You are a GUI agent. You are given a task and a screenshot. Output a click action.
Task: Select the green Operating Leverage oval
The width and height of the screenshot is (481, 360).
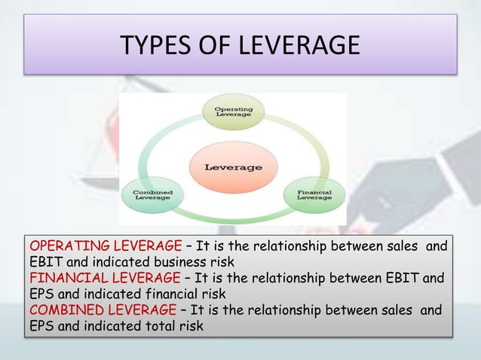pyautogui.click(x=234, y=113)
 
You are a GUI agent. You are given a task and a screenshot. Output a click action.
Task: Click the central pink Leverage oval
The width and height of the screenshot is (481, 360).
pyautogui.click(x=234, y=166)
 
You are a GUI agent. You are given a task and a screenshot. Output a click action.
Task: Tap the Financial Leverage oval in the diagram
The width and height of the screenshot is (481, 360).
pyautogui.click(x=314, y=194)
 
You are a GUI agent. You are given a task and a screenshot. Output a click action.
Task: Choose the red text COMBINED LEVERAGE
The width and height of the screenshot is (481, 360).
pyautogui.click(x=97, y=310)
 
